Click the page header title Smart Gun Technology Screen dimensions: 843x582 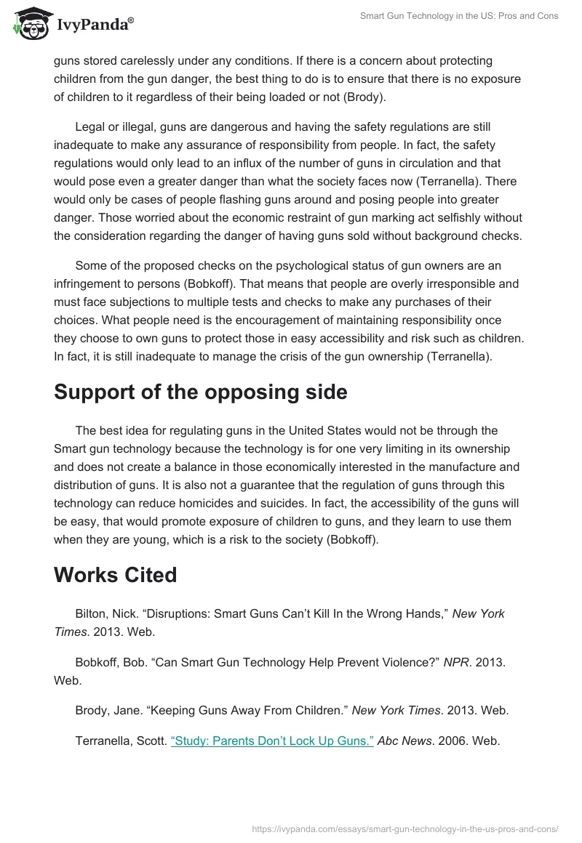(x=459, y=16)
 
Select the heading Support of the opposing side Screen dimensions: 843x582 (x=200, y=392)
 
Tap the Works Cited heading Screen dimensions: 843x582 (x=116, y=575)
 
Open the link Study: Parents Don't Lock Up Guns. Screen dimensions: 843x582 (x=272, y=741)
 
